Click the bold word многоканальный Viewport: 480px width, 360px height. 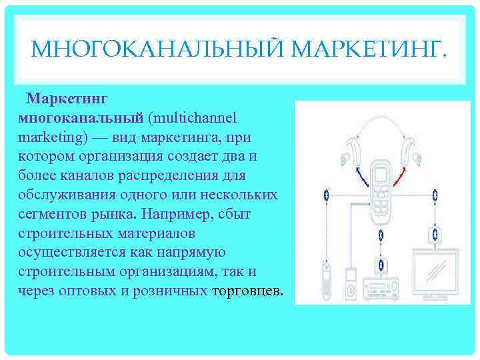point(82,117)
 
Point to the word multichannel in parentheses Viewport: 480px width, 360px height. point(191,117)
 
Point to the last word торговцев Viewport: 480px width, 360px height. point(247,291)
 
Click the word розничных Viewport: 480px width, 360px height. point(175,291)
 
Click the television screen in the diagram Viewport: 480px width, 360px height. point(435,273)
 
